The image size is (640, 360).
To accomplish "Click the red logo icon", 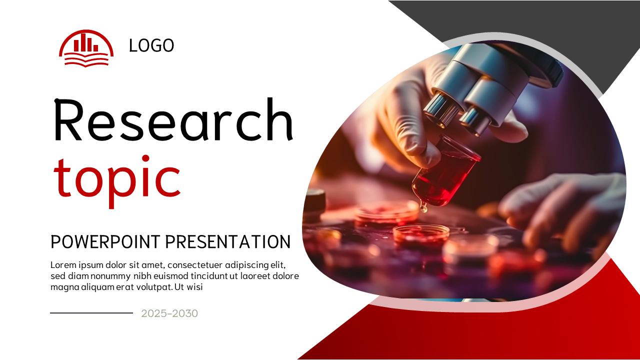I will [x=86, y=47].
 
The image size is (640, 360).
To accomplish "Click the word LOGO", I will [x=151, y=45].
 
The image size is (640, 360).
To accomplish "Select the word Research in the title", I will [x=172, y=120].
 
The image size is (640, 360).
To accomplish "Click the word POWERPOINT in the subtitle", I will [x=105, y=242].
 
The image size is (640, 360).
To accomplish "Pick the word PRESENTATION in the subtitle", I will [x=227, y=242].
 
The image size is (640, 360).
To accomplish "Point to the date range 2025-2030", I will [x=169, y=313].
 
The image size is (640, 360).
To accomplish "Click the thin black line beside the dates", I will [x=91, y=313].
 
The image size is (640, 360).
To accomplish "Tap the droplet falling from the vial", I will [x=423, y=207].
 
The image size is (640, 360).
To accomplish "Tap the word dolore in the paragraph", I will [x=285, y=276].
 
